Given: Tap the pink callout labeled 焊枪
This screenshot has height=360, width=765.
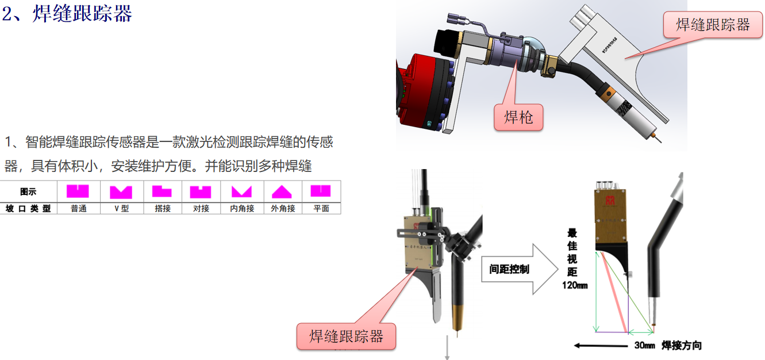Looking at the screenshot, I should pyautogui.click(x=518, y=117).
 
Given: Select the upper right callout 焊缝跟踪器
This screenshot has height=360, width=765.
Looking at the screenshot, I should pyautogui.click(x=713, y=25).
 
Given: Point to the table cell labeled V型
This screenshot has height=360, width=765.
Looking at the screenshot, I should pyautogui.click(x=121, y=209).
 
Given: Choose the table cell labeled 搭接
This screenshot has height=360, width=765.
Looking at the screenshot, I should pyautogui.click(x=163, y=209).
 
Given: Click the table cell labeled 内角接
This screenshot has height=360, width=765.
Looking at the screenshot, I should pyautogui.click(x=242, y=209).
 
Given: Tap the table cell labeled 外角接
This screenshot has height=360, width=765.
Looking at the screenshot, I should pyautogui.click(x=283, y=209).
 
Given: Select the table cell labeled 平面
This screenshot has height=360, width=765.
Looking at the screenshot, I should pyautogui.click(x=321, y=209).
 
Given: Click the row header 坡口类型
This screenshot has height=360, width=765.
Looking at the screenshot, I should pyautogui.click(x=28, y=209).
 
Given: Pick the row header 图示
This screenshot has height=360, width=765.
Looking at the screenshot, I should pyautogui.click(x=28, y=192).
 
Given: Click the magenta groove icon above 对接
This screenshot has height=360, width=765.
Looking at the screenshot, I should pyautogui.click(x=201, y=192).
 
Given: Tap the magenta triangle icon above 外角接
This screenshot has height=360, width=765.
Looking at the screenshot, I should pyautogui.click(x=282, y=192).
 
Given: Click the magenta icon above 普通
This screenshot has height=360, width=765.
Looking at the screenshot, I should pyautogui.click(x=78, y=191).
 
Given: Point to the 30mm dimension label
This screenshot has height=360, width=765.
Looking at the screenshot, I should pyautogui.click(x=644, y=346).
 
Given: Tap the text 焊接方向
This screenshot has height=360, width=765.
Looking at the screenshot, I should pyautogui.click(x=682, y=346).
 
